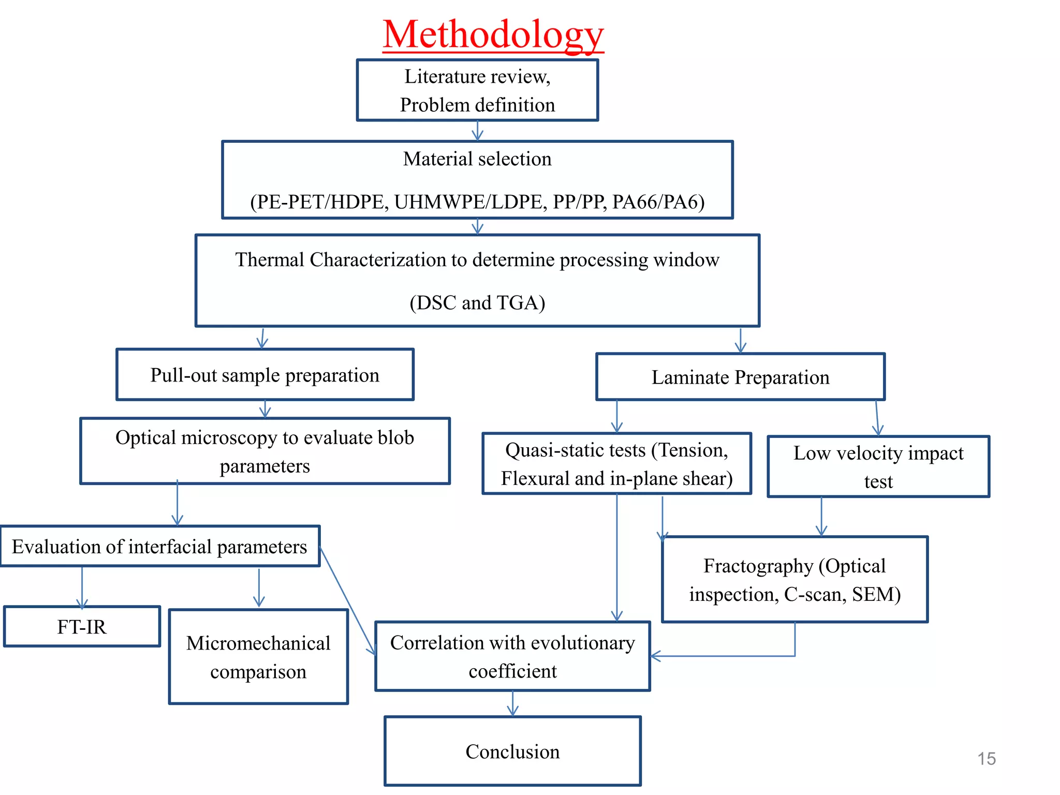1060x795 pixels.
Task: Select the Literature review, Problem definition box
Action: (x=477, y=91)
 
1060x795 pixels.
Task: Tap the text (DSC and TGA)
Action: (x=477, y=303)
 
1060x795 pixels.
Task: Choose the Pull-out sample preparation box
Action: (x=265, y=375)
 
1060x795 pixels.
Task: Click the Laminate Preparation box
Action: (x=740, y=377)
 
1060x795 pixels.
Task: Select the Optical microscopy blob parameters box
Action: (x=265, y=451)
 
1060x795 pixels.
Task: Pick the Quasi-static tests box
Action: (x=616, y=464)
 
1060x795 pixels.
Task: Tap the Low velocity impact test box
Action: (x=878, y=467)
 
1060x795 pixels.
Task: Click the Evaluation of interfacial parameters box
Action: (x=159, y=547)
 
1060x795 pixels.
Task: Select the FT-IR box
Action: (x=82, y=627)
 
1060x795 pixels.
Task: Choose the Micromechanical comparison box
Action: (x=258, y=657)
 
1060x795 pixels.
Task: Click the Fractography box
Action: (x=794, y=580)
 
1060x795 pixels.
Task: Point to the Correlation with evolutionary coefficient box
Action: (x=512, y=656)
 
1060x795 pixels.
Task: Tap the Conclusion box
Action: (x=512, y=752)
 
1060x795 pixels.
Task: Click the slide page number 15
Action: (x=987, y=759)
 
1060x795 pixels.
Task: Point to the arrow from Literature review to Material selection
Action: (x=477, y=131)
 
